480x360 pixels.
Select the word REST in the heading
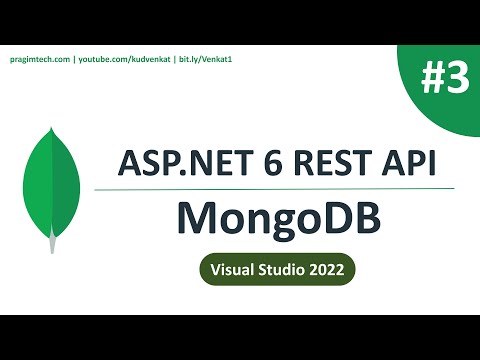[327, 162]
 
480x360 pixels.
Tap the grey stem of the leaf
[52, 242]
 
